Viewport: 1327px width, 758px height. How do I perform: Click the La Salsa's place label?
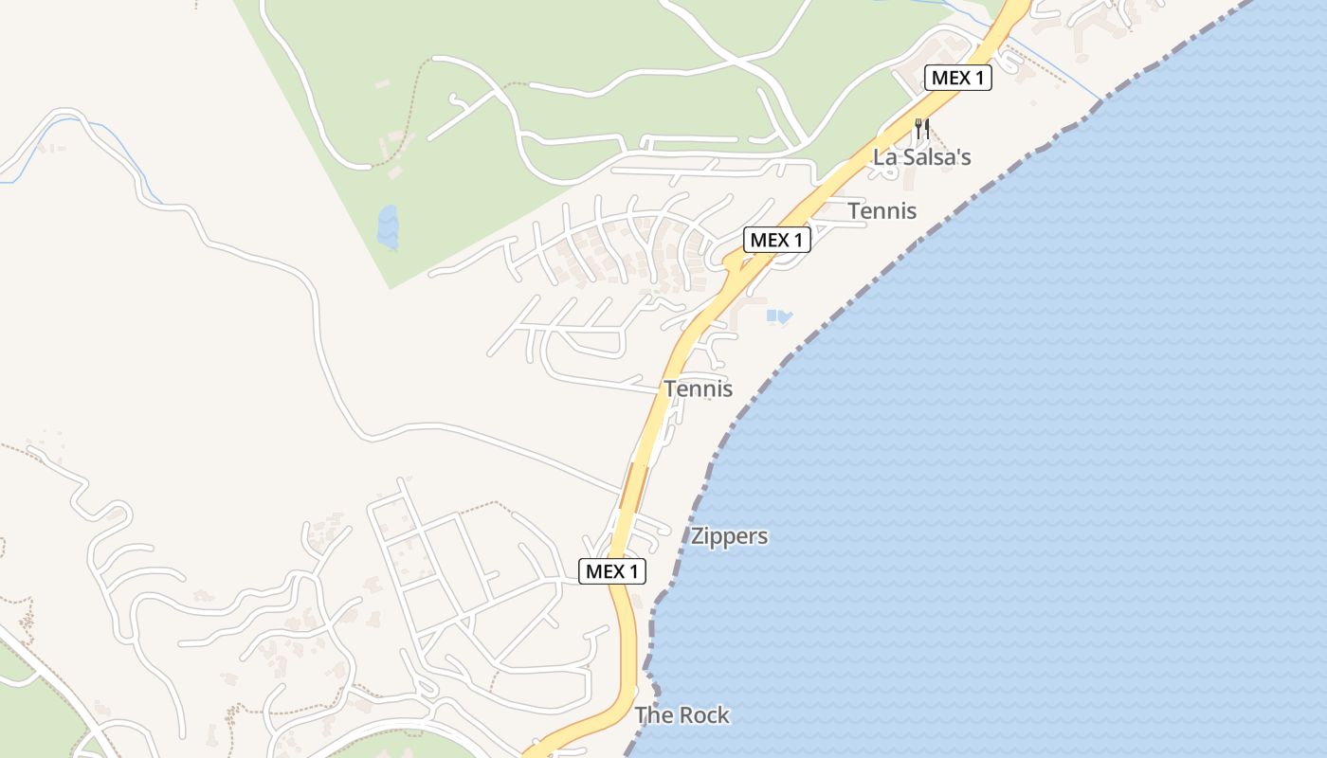tap(921, 157)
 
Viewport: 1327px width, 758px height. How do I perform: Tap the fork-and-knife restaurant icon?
tap(921, 128)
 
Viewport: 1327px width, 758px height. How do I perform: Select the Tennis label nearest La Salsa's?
tap(882, 210)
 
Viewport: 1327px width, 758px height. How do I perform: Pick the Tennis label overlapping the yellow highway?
tap(698, 388)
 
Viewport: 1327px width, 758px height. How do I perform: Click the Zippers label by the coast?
tap(729, 536)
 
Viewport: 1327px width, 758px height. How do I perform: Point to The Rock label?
tap(682, 715)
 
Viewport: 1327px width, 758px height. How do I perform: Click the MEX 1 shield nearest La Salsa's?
tap(957, 78)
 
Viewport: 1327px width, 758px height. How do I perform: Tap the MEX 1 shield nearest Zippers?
tap(612, 570)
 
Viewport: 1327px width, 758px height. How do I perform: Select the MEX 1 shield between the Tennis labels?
tap(776, 241)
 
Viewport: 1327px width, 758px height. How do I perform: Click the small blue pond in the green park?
tap(388, 227)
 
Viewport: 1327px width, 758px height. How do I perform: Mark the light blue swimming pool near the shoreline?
tap(778, 316)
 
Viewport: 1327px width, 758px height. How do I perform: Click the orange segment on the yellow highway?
tap(633, 485)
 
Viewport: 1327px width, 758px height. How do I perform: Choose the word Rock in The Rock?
tap(702, 715)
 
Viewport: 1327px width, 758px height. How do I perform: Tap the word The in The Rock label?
tap(652, 715)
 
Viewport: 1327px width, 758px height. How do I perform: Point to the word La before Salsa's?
tap(883, 157)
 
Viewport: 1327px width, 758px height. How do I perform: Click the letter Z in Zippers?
tap(698, 536)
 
